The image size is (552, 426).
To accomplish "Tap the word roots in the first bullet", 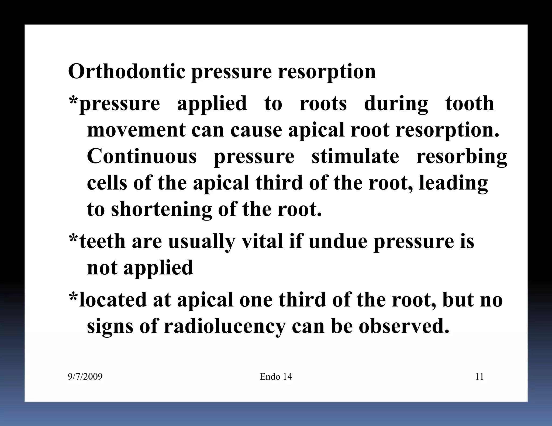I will point(323,104).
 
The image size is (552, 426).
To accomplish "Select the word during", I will point(396,104).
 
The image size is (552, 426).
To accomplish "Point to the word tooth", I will point(470,104).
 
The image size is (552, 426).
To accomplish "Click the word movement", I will point(136,130).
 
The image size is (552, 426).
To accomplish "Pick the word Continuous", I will point(142,156).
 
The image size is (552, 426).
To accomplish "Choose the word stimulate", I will point(355,156).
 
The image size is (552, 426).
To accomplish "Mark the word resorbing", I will point(461,156).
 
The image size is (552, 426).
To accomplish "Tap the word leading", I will point(453,183).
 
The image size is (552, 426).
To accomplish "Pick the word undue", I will point(338,241).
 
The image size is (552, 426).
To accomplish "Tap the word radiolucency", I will point(224,326).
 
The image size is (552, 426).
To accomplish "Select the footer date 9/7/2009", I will point(85,376).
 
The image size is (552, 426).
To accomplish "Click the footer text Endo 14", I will point(276,376).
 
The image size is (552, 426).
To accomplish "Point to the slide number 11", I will point(479,376).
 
